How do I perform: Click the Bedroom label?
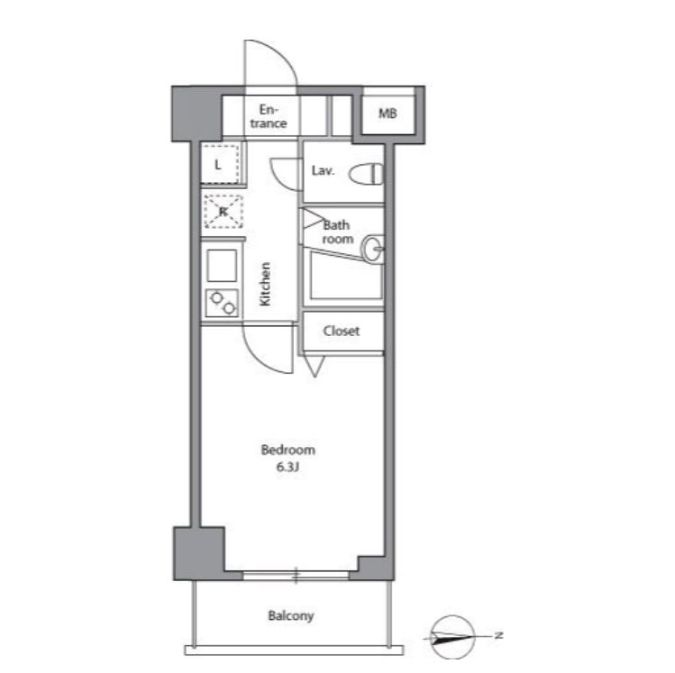point(288,450)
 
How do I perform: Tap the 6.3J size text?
point(287,468)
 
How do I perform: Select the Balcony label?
point(291,615)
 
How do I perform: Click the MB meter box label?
point(388,114)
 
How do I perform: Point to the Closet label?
point(342,331)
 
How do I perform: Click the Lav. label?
point(323,171)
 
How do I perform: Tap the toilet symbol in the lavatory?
point(366,174)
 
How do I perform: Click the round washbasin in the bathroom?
point(372,249)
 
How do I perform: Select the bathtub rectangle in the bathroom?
point(346,277)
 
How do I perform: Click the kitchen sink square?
point(222,266)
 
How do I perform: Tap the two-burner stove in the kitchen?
point(222,303)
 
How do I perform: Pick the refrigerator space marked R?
point(223,212)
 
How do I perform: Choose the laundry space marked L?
point(220,165)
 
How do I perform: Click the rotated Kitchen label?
point(266,284)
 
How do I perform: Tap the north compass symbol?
point(452,637)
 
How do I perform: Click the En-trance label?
point(269,116)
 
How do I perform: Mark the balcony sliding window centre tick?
point(296,576)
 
